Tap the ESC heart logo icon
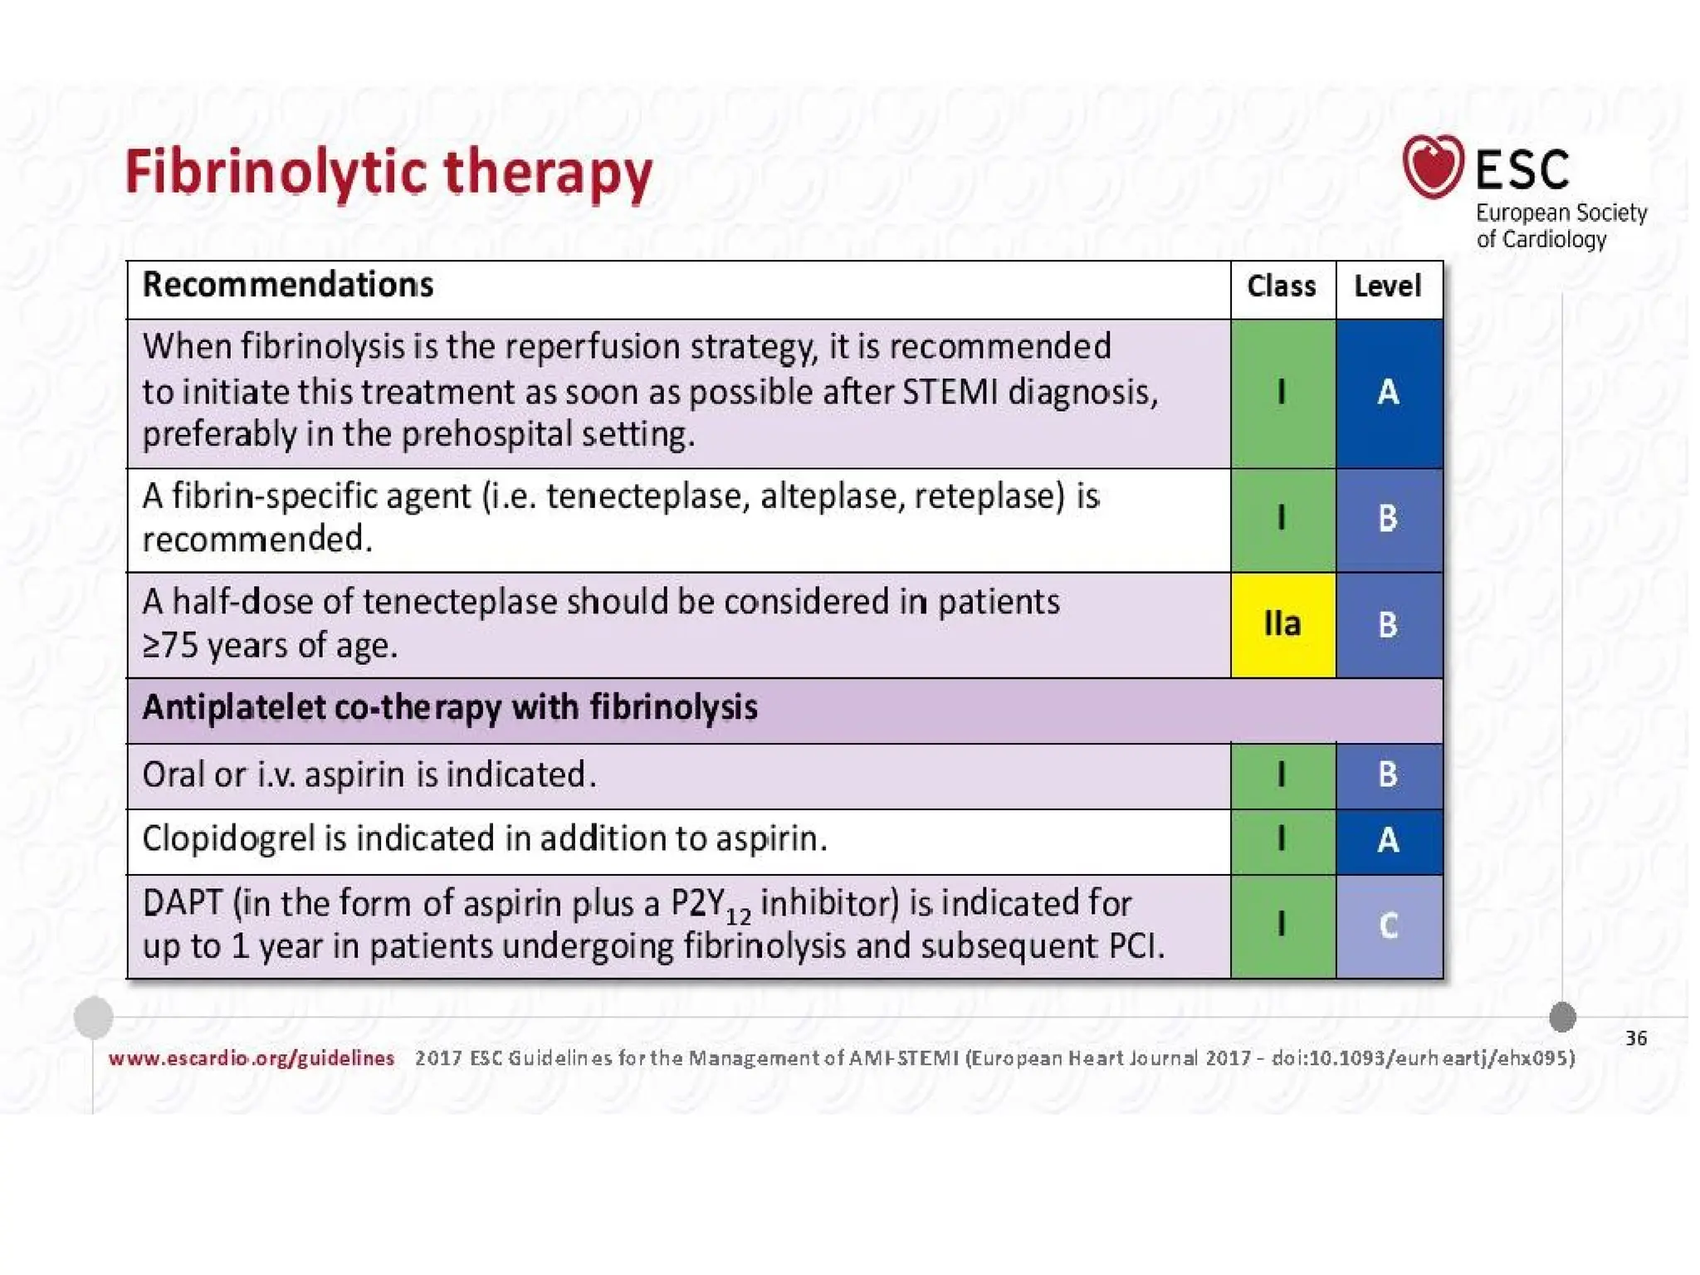tap(1432, 166)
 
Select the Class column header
tap(1281, 286)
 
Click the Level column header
tap(1387, 286)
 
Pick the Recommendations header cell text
tap(288, 285)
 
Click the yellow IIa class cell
tap(1282, 624)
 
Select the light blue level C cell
tap(1388, 926)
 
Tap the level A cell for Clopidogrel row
tap(1388, 841)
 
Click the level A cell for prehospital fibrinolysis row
tap(1388, 393)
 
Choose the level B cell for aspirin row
tap(1388, 774)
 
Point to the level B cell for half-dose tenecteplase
tap(1388, 624)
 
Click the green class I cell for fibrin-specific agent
tap(1282, 519)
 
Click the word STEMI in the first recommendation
tap(950, 392)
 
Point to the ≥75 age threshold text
tap(171, 646)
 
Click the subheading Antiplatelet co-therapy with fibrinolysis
tap(450, 708)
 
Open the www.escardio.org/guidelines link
tap(252, 1058)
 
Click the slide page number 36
tap(1635, 1038)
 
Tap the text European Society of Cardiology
tap(1560, 226)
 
